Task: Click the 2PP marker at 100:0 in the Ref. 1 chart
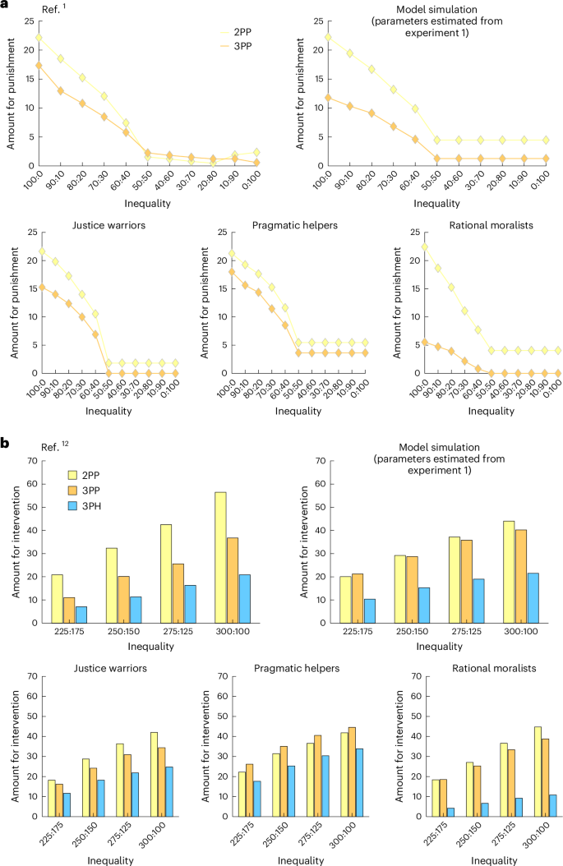point(39,37)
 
